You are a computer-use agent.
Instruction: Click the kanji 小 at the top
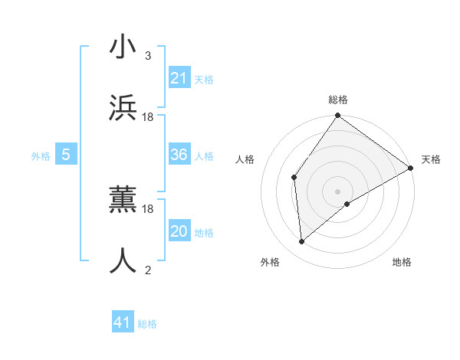(x=122, y=47)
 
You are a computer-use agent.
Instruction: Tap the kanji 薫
(x=122, y=200)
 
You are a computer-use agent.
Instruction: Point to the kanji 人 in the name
(x=122, y=261)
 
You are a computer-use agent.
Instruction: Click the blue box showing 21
(x=179, y=78)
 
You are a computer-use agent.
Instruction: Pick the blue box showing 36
(x=179, y=155)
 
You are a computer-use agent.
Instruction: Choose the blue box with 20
(x=179, y=231)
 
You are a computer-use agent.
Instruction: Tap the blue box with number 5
(x=66, y=155)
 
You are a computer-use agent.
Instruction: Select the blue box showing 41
(x=122, y=322)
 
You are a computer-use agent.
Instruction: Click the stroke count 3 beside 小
(x=147, y=56)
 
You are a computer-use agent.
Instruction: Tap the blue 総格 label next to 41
(x=147, y=324)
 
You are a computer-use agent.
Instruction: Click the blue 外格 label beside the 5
(x=41, y=156)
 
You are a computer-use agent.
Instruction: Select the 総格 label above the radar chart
(x=338, y=100)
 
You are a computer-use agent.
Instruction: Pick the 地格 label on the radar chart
(x=402, y=263)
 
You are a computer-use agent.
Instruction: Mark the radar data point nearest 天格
(x=411, y=169)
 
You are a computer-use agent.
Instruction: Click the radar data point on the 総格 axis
(x=337, y=116)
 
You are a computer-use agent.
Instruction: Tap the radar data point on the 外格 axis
(x=302, y=241)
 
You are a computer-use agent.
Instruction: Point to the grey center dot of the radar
(x=337, y=191)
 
